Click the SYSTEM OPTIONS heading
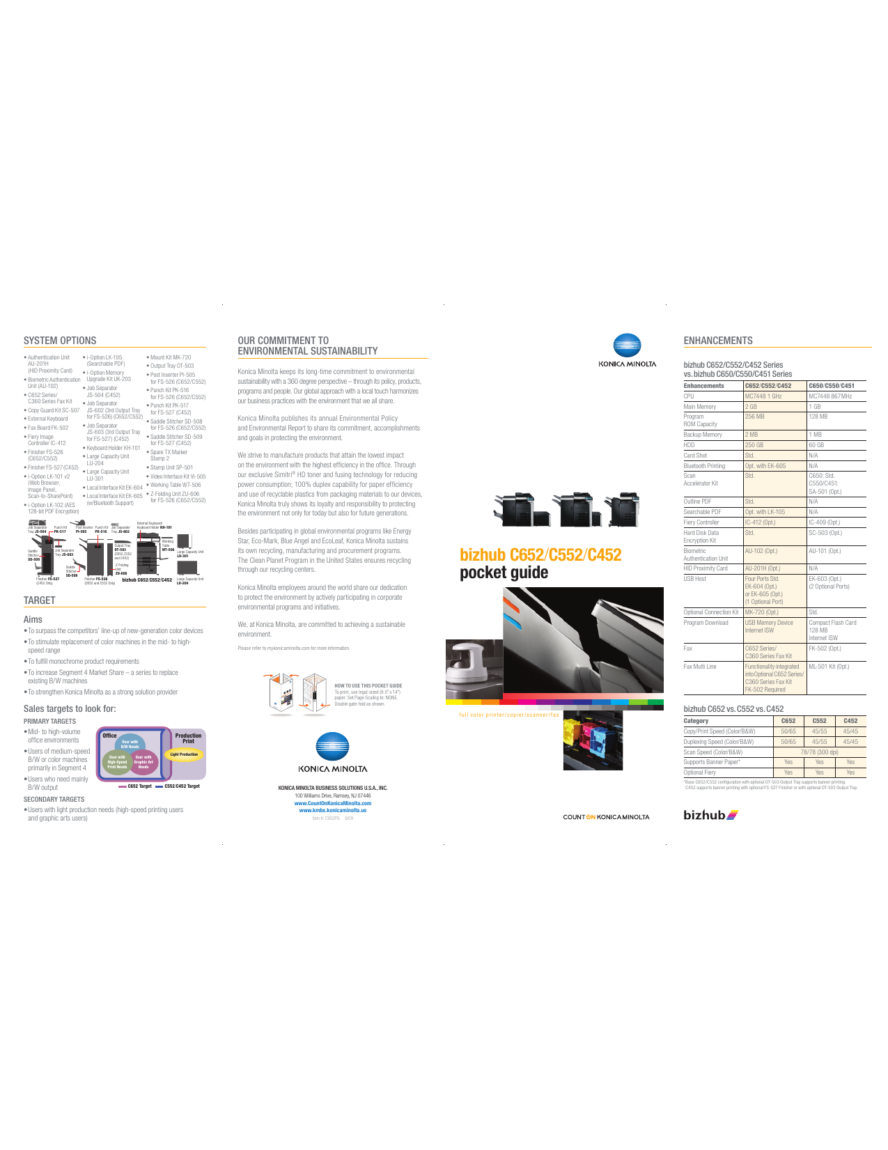pos(60,341)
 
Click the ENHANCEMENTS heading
pos(718,341)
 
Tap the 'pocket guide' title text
pos(504,573)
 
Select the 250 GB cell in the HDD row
pos(754,445)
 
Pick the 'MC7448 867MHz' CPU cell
pos(830,396)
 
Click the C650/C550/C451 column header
pos(832,386)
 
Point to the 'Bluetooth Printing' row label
pos(704,466)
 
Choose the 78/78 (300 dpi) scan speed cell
pos(819,752)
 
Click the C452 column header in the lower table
pos(850,721)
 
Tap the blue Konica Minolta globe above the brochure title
pos(627,345)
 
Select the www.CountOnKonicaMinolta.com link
pos(332,803)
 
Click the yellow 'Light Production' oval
pos(184,754)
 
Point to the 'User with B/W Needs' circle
pos(130,744)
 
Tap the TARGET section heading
pos(40,600)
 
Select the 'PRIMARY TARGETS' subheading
pos(49,722)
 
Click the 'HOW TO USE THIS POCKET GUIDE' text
pos(368,685)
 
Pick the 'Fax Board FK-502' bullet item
pos(47,428)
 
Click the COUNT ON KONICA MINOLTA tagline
pos(606,817)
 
